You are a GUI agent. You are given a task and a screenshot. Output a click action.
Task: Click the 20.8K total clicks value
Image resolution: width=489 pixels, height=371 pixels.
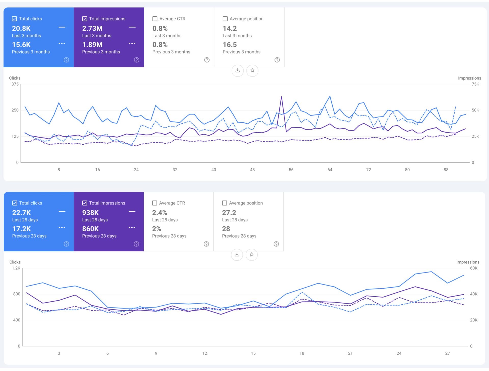tap(21, 28)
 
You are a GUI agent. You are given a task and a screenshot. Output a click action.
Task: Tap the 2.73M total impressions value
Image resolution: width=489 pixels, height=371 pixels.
tap(92, 28)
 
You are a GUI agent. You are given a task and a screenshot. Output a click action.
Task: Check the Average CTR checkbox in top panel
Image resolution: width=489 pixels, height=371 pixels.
tap(155, 19)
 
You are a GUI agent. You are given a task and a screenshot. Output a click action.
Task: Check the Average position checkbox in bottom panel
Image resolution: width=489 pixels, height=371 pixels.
tap(224, 203)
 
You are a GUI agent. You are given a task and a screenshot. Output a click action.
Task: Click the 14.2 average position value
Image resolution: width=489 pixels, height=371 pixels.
tap(229, 28)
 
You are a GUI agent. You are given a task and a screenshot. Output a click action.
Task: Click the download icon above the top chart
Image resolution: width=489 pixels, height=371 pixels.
tap(237, 71)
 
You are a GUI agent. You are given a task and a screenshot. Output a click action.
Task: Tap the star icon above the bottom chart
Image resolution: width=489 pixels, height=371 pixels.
tap(252, 254)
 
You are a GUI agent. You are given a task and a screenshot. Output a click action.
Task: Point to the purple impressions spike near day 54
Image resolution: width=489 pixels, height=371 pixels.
tap(281, 97)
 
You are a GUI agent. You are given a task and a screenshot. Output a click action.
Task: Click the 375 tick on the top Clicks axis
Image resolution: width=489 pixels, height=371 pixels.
tap(15, 84)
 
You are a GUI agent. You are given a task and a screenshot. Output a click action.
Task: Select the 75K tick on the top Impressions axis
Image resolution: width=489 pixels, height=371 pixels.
tap(475, 84)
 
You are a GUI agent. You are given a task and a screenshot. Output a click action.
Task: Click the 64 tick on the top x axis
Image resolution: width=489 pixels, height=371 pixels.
tap(330, 170)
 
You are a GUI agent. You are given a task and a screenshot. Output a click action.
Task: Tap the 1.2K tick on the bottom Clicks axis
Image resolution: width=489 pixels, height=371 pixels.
tap(16, 268)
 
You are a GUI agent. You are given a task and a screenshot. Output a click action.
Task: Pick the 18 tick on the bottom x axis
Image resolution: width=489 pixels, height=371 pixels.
tap(302, 353)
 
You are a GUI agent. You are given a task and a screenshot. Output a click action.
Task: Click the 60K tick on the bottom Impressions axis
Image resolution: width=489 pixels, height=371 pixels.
tap(474, 268)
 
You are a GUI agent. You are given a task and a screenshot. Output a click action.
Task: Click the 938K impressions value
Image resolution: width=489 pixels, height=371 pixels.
tap(90, 213)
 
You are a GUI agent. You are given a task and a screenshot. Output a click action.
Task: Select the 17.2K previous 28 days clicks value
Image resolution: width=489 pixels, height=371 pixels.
tap(21, 229)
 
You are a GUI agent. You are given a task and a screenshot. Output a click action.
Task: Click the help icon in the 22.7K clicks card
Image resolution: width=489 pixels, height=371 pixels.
tap(66, 244)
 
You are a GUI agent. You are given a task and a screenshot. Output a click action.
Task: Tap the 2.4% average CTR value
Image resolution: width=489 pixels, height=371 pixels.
tap(160, 213)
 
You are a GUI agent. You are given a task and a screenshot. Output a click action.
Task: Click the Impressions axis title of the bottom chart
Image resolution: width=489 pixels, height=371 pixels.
tap(468, 262)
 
